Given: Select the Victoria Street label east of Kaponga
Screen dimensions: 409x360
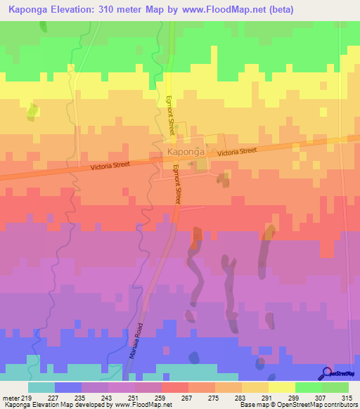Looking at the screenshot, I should pos(237,151).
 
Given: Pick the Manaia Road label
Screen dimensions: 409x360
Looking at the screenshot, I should pos(136,341).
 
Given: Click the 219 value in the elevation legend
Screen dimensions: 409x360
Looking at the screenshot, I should pos(27,397).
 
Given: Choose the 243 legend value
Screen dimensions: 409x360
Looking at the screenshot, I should pos(108,397).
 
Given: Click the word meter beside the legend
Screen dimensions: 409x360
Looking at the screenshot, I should pos(12,397).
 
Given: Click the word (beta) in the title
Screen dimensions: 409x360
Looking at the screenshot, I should pos(277,9).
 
